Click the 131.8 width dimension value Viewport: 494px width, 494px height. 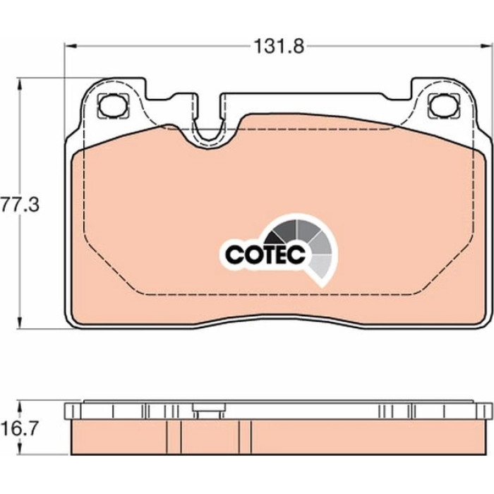click(279, 47)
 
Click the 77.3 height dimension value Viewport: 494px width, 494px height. click(20, 205)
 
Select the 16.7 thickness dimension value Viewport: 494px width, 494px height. click(19, 428)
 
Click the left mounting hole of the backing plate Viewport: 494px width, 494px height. click(113, 106)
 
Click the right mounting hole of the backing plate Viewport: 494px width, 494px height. click(444, 105)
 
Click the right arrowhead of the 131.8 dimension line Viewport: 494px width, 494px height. click(488, 47)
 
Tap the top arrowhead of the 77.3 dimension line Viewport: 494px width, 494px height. click(20, 84)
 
